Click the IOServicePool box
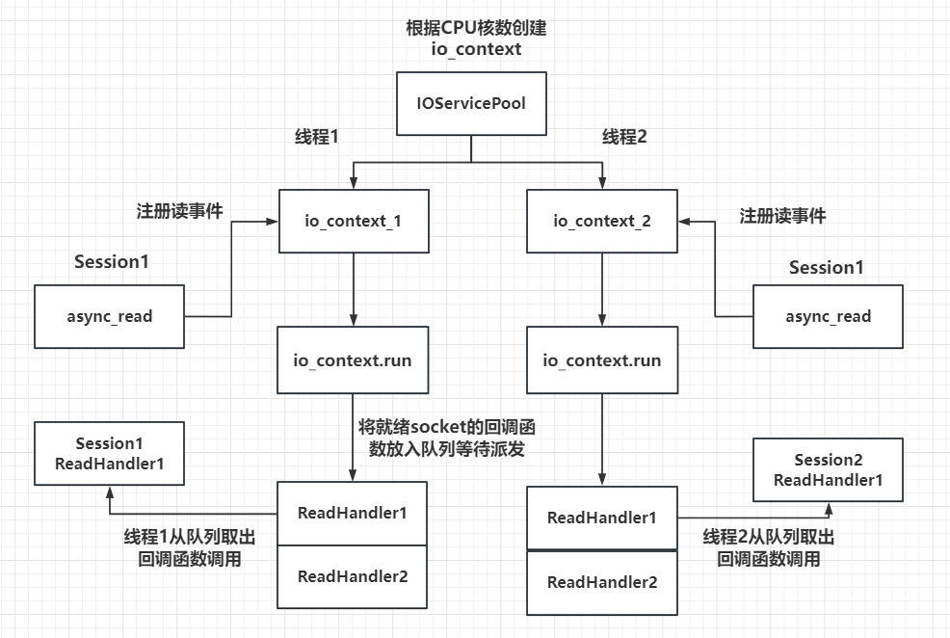(x=471, y=103)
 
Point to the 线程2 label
(x=624, y=137)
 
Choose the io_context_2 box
(x=602, y=221)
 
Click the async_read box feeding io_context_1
(x=108, y=316)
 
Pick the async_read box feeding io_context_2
(x=828, y=316)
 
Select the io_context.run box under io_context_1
(x=352, y=360)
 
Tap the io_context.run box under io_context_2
(x=602, y=360)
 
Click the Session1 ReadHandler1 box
(x=108, y=453)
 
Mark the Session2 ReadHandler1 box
(x=828, y=470)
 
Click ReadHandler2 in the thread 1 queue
(x=352, y=576)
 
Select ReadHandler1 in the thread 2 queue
(x=602, y=518)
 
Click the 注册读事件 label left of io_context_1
(x=179, y=211)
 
